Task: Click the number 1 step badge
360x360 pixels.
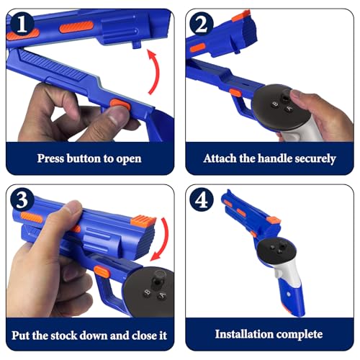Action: [22, 24]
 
